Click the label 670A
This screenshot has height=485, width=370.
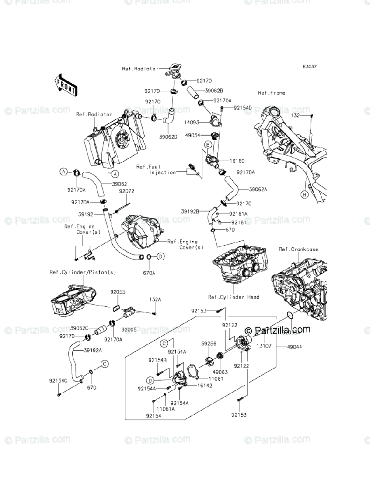tap(149, 273)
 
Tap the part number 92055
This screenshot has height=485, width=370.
tap(118, 291)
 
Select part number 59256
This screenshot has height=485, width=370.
tap(209, 344)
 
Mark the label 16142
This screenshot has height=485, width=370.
tap(205, 386)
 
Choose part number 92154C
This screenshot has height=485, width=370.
tap(58, 381)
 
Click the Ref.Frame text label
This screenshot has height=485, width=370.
tap(271, 93)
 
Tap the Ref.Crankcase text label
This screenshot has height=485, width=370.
tap(298, 249)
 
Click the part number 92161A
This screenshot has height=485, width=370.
tap(238, 214)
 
